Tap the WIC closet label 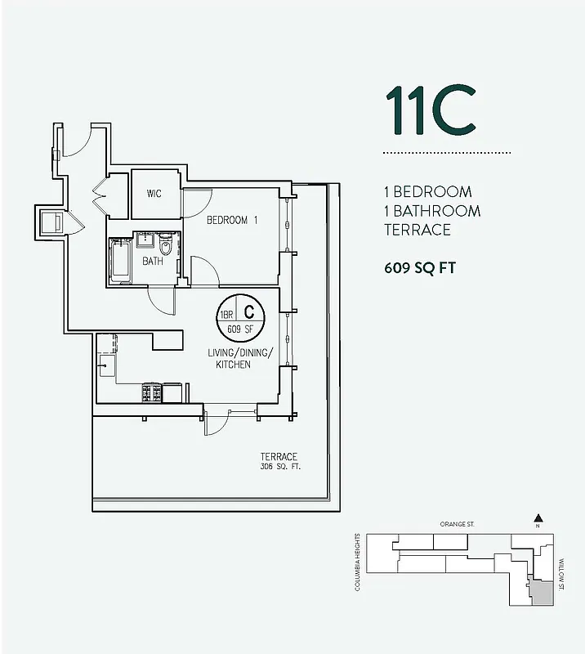point(154,194)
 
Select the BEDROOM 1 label point(232,220)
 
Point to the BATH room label point(152,262)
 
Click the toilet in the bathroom point(167,246)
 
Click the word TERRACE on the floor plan point(279,456)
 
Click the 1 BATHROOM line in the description point(432,211)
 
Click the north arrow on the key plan point(538,519)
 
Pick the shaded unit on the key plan point(539,590)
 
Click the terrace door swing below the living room point(214,422)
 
